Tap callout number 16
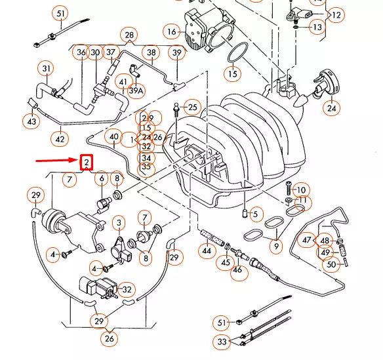coord(172,31)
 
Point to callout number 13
coord(317,28)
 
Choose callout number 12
coord(336,14)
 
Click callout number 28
coord(129,35)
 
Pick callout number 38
coord(151,52)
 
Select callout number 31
coord(47,68)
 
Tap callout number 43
coord(31,121)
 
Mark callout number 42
coord(60,139)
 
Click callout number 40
coord(113,138)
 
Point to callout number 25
coord(192,106)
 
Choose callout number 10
coord(300,190)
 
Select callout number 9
coord(275,247)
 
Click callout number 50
coord(331,264)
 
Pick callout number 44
coord(207,250)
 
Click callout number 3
coord(119,224)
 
